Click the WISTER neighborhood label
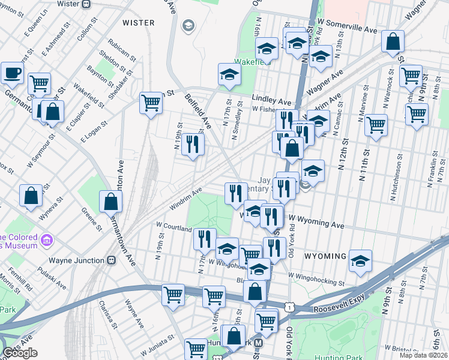click(139, 23)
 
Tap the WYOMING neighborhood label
click(325, 256)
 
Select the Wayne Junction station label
click(72, 260)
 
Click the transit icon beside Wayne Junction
click(111, 260)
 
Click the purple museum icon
click(46, 243)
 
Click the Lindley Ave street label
click(271, 102)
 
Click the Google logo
click(20, 352)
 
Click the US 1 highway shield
click(290, 308)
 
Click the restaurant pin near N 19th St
click(192, 143)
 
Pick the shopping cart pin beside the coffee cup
click(39, 83)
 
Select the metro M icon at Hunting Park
click(259, 343)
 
